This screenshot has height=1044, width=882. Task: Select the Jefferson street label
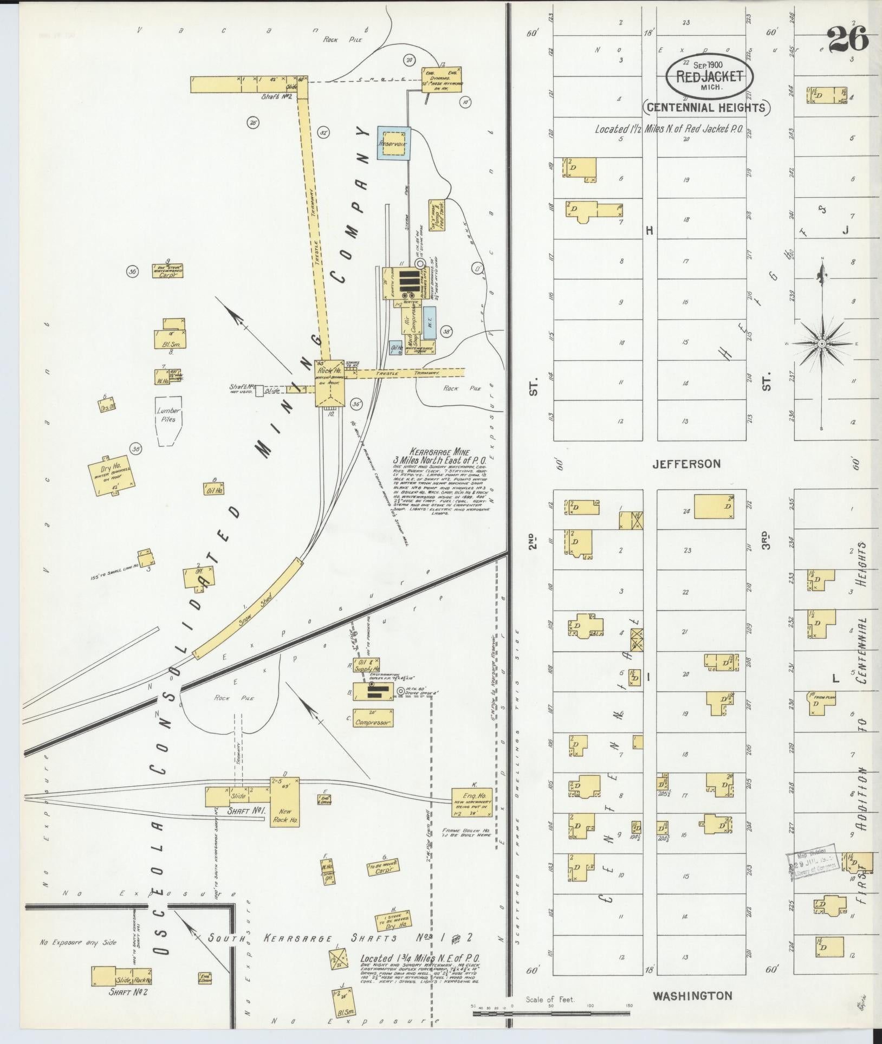tap(686, 464)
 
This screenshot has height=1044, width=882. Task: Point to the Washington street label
tap(692, 996)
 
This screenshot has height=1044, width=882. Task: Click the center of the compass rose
tap(822, 343)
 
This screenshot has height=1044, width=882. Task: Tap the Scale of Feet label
tap(550, 1000)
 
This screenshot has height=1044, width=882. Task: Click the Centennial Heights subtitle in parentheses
tap(706, 107)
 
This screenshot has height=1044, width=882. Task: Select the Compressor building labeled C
tap(373, 718)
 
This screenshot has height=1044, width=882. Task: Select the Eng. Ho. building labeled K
tap(473, 802)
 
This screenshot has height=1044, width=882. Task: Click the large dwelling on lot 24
tap(714, 507)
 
